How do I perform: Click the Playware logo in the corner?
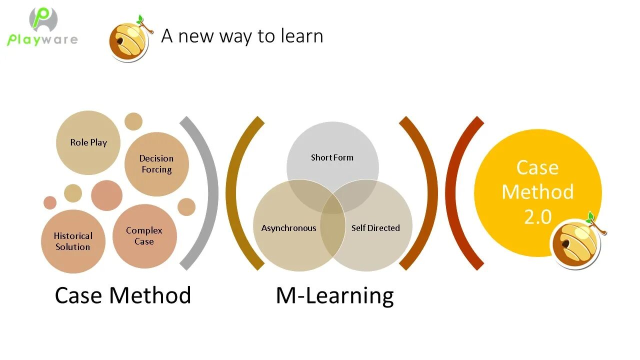click(42, 27)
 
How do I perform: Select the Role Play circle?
click(88, 142)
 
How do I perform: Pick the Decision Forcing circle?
click(156, 164)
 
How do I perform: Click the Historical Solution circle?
click(73, 241)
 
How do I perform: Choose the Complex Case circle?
click(144, 236)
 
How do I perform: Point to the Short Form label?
click(332, 157)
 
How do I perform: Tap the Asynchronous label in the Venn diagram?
click(288, 228)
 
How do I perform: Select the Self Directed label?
click(375, 228)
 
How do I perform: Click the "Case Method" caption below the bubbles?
click(123, 295)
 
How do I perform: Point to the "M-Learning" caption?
click(334, 295)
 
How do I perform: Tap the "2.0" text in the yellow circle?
click(537, 217)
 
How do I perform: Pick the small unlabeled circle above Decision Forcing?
click(133, 121)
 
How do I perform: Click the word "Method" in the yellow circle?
click(537, 192)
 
